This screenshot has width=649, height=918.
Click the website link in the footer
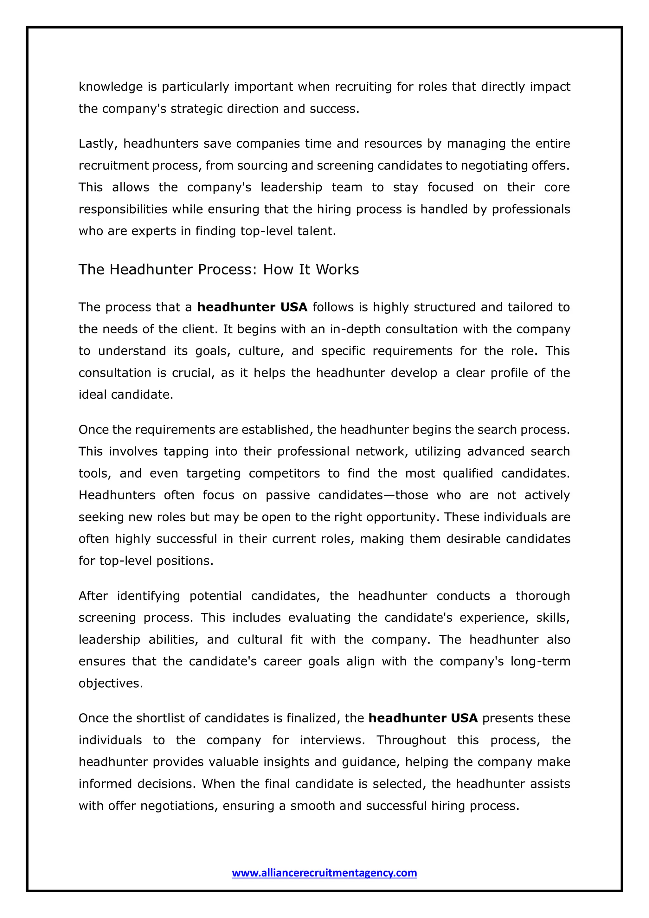(324, 872)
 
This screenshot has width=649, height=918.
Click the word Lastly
(98, 144)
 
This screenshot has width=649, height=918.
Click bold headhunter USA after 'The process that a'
(252, 307)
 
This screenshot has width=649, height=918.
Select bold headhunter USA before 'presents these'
(423, 718)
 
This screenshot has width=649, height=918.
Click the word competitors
(284, 473)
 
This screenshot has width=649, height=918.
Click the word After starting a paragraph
(93, 596)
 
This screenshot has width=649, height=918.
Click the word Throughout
(411, 740)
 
